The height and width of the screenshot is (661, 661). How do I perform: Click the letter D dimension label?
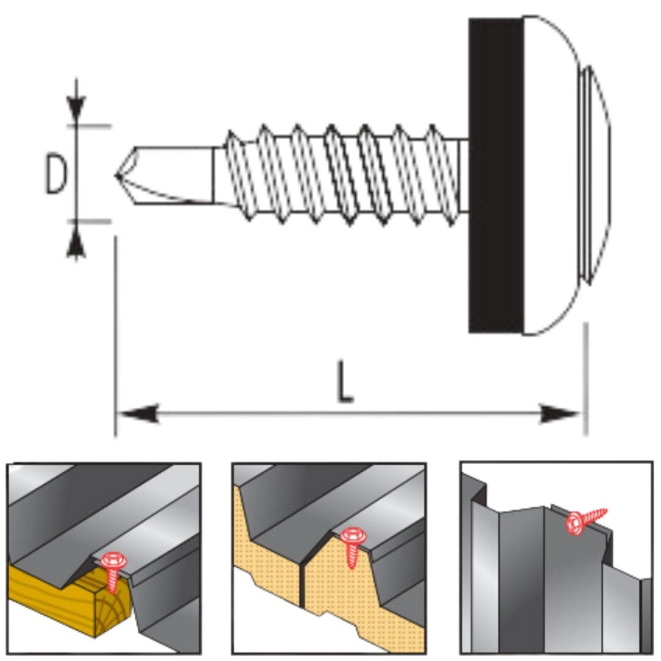pyautogui.click(x=57, y=174)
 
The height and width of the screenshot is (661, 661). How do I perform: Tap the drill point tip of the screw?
pyautogui.click(x=118, y=176)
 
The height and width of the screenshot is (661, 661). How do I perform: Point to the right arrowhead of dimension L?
pyautogui.click(x=560, y=414)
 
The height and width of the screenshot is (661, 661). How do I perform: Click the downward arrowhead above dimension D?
pyautogui.click(x=76, y=109)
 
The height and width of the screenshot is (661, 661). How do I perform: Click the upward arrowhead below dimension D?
pyautogui.click(x=76, y=242)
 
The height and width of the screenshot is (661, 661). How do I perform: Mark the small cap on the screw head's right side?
pyautogui.click(x=597, y=176)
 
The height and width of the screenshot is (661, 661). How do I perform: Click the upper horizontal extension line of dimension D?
pyautogui.click(x=92, y=126)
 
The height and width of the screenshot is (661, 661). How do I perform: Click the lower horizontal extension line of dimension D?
pyautogui.click(x=92, y=220)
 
